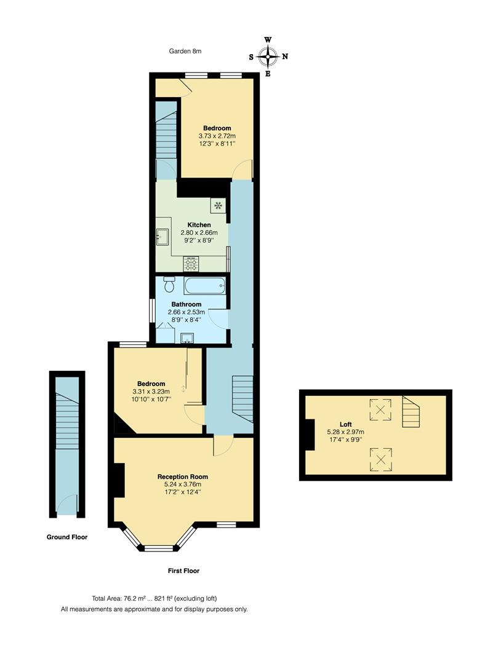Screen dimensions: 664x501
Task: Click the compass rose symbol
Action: (268, 57)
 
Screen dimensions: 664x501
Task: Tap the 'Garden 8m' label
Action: (185, 51)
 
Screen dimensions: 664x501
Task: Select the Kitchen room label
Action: (199, 225)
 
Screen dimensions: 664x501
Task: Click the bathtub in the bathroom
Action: (204, 286)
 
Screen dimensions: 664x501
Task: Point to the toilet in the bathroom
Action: (169, 285)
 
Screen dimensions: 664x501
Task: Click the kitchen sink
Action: (163, 236)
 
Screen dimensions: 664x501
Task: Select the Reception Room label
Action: (183, 476)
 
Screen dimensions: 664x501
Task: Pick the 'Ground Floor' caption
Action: (67, 537)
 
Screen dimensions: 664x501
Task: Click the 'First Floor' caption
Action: (183, 571)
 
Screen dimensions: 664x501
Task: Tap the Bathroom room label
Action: (186, 304)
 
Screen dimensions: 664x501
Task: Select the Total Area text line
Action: (154, 598)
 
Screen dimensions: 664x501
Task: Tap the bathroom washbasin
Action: (187, 337)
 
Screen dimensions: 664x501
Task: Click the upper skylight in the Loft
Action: (380, 409)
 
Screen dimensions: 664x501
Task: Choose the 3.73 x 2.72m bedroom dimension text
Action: (217, 136)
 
